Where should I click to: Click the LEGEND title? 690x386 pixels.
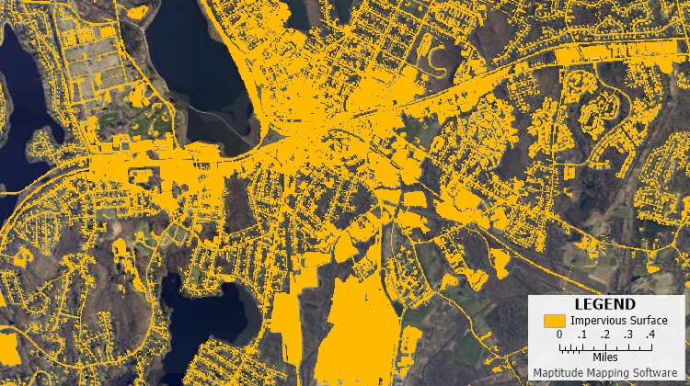click(x=604, y=304)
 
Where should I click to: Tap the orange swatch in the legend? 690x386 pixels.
click(x=554, y=321)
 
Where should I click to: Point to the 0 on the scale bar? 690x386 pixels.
click(x=559, y=335)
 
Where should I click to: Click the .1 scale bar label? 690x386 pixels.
click(x=581, y=335)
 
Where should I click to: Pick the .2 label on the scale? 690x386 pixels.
click(x=604, y=335)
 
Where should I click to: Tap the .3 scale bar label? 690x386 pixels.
click(x=627, y=335)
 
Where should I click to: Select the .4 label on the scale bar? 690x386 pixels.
click(x=650, y=335)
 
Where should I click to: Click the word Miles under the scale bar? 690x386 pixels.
click(x=604, y=357)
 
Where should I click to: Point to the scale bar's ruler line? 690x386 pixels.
click(x=604, y=346)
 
